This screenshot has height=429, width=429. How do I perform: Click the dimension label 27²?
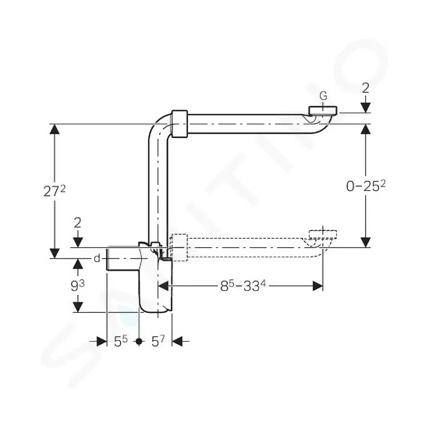55,191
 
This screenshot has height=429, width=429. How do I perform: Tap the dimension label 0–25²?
366,186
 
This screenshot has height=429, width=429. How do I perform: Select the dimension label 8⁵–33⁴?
243,286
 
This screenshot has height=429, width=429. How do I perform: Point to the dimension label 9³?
77,286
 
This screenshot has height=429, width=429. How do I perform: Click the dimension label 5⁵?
121,341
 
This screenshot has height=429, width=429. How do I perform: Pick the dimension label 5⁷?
158,341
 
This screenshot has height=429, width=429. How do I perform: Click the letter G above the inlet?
323,96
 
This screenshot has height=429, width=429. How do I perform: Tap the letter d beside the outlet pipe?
97,258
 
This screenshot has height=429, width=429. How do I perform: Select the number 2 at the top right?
366,88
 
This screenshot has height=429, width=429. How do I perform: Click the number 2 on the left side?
78,223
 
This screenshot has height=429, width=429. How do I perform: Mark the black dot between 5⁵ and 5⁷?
140,341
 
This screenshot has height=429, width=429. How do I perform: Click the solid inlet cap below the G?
323,110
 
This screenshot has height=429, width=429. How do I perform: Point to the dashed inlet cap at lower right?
323,235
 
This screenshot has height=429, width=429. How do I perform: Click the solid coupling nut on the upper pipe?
179,124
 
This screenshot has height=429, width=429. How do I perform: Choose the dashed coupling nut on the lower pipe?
179,247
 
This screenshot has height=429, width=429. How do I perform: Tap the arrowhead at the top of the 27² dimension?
55,129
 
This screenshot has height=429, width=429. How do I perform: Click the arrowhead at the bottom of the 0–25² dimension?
366,243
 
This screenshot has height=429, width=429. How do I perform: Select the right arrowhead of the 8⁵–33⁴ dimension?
317,286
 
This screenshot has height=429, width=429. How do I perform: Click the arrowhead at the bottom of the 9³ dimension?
78,307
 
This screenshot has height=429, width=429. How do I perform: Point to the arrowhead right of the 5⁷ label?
177,341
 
